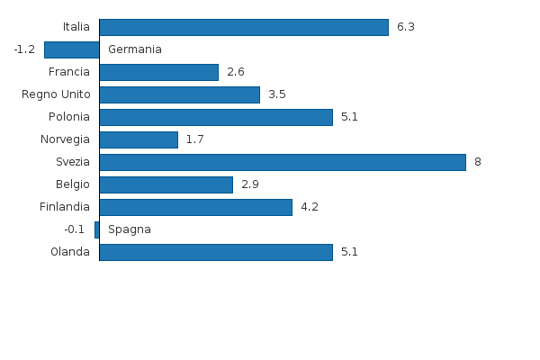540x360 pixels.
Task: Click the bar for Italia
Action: tap(243, 27)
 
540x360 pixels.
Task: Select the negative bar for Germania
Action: tap(71, 49)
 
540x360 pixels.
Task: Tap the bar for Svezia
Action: tap(282, 162)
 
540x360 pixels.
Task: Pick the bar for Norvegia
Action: tap(139, 139)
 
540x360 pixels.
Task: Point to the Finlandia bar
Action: tap(195, 207)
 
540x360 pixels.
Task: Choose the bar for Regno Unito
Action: tap(179, 94)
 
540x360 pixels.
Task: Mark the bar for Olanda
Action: tap(216, 252)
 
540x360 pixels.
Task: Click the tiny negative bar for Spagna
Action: tap(96, 229)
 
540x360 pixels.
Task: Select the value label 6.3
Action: tap(405, 27)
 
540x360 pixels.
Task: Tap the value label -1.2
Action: tap(24, 49)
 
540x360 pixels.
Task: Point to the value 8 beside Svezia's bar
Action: tap(478, 162)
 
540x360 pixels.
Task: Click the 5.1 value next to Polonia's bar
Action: tap(349, 117)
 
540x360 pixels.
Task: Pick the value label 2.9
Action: tap(250, 184)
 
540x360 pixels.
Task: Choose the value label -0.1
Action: tap(75, 229)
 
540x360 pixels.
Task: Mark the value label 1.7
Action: tap(194, 139)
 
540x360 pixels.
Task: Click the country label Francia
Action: tap(69, 72)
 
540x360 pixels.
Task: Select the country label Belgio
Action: tap(73, 184)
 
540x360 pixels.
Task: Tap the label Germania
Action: tap(135, 49)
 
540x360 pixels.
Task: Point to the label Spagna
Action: tap(130, 229)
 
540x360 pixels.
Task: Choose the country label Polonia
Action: tap(69, 117)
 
